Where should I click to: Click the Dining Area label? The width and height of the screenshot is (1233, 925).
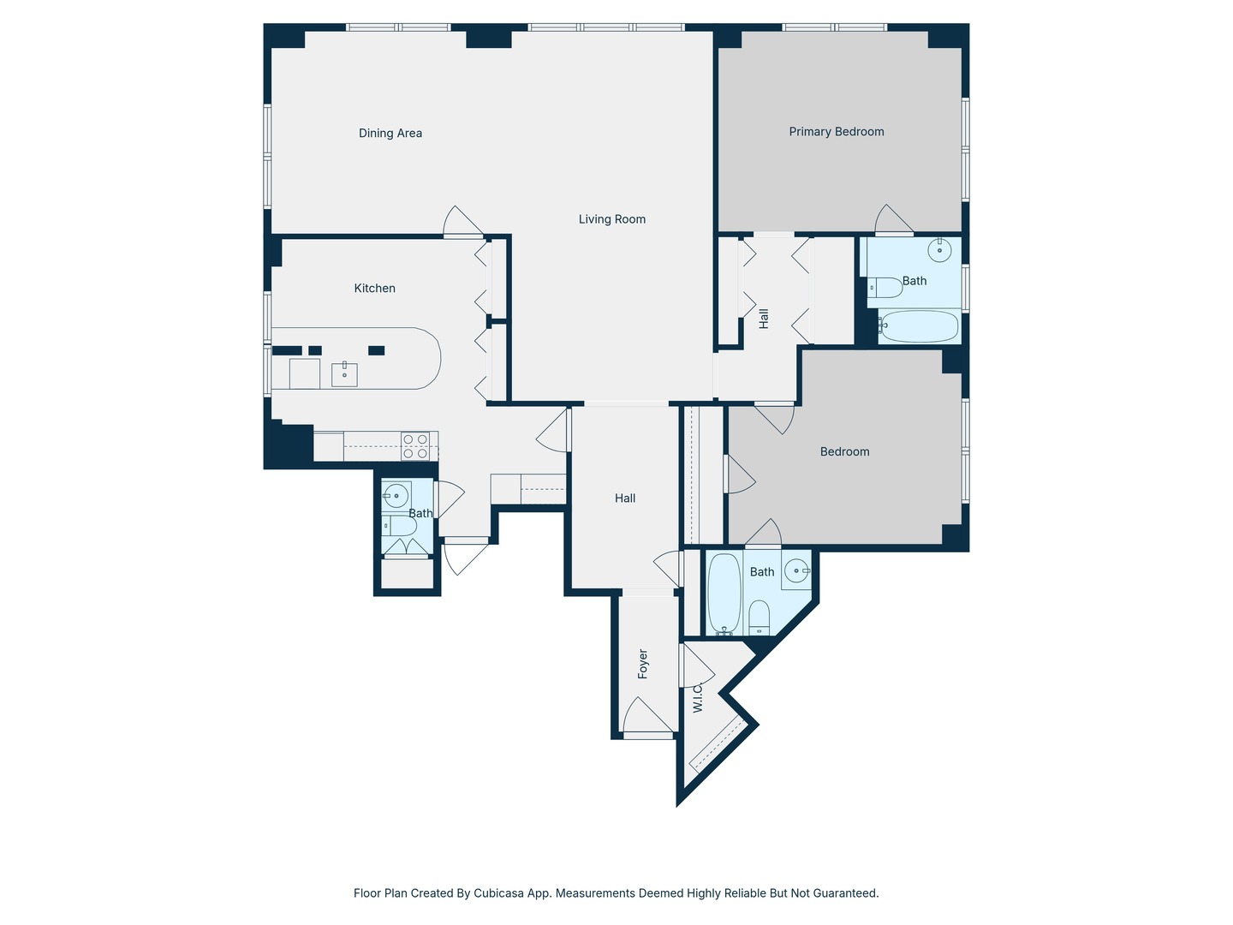[390, 133]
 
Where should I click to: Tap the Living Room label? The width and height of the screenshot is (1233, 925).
[611, 219]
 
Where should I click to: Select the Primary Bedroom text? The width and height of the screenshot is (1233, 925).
[836, 131]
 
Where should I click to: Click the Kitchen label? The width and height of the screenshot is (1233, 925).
[375, 288]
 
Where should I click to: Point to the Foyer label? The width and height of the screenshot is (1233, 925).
[643, 664]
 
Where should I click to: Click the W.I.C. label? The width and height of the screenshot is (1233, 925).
[697, 698]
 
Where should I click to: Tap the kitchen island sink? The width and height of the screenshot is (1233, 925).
[344, 374]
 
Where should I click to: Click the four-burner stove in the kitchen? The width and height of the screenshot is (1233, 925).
[415, 446]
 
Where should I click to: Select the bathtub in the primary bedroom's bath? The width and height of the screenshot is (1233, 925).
[920, 325]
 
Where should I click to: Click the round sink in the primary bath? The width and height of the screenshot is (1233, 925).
[939, 250]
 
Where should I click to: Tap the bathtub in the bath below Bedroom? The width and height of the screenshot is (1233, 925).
[724, 594]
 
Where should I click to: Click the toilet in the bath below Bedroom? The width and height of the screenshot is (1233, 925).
[759, 618]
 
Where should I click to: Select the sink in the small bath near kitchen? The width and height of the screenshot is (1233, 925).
[396, 495]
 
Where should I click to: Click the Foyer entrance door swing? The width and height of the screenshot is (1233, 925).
[647, 715]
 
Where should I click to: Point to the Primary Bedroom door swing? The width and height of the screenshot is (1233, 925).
[894, 218]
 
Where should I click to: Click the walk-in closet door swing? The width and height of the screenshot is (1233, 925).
[697, 665]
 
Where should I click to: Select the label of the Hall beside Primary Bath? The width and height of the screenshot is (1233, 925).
[764, 319]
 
